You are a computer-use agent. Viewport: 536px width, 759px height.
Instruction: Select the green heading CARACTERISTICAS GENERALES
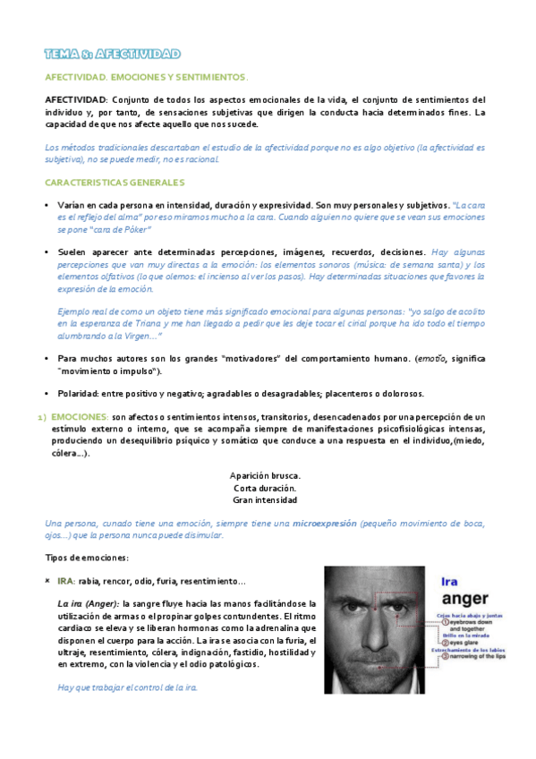pos(115,182)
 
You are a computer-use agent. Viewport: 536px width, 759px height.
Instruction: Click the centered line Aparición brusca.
pos(265,474)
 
